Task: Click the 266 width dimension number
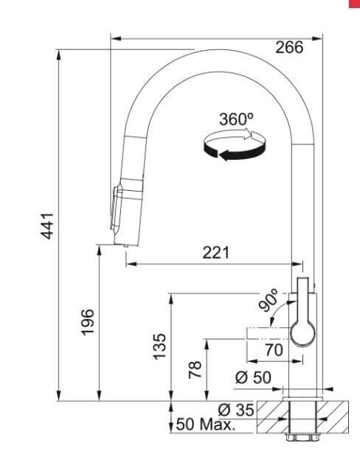tap(289, 47)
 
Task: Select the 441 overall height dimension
tap(47, 226)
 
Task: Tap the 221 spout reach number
tap(215, 253)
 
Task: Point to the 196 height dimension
tap(88, 322)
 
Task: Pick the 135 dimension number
tap(159, 346)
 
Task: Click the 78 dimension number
tap(195, 370)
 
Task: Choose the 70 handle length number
tap(274, 350)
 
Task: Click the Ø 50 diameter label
tap(253, 377)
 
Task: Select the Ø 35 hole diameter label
tap(236, 410)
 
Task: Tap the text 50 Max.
tap(205, 425)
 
